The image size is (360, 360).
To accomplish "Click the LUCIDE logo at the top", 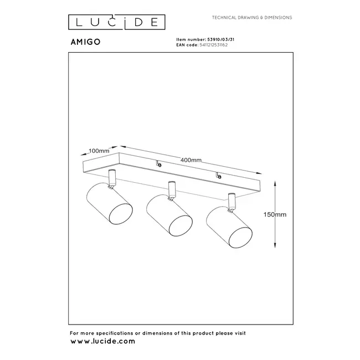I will [116, 22].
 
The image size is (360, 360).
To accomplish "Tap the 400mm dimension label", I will [191, 160].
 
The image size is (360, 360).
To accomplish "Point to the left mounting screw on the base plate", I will [159, 163].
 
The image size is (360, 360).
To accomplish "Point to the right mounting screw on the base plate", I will [219, 177].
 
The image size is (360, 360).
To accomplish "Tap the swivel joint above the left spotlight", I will [113, 177].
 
